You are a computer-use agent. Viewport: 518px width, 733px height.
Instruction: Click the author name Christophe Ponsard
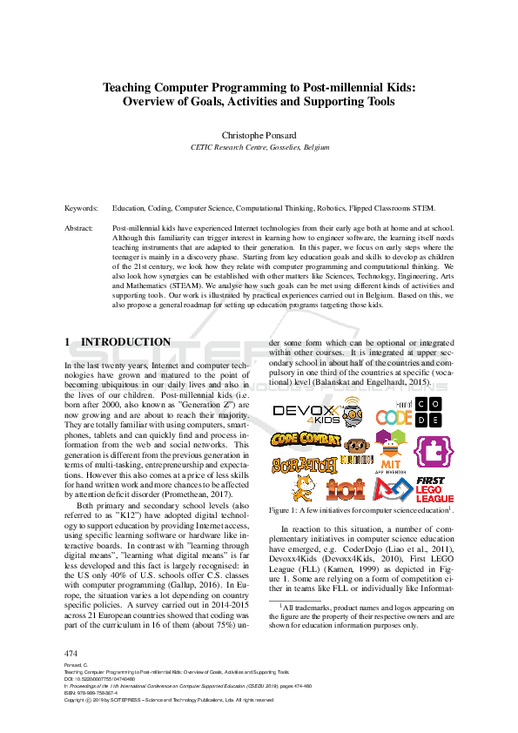click(259, 136)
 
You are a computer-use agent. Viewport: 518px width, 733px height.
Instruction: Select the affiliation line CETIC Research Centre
click(259, 148)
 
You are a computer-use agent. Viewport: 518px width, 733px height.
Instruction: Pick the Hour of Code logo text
click(394, 415)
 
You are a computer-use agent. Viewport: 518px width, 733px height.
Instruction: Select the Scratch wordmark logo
click(303, 465)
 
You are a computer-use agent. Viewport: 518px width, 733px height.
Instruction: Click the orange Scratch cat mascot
click(302, 488)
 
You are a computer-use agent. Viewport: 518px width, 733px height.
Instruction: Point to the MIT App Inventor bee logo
click(392, 453)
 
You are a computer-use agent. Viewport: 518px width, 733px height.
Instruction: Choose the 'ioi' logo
click(350, 490)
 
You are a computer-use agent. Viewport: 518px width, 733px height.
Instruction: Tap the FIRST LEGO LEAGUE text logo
click(433, 489)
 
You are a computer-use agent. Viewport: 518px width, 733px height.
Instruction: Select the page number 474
click(71, 653)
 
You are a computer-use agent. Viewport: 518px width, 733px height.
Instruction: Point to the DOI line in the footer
click(96, 679)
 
